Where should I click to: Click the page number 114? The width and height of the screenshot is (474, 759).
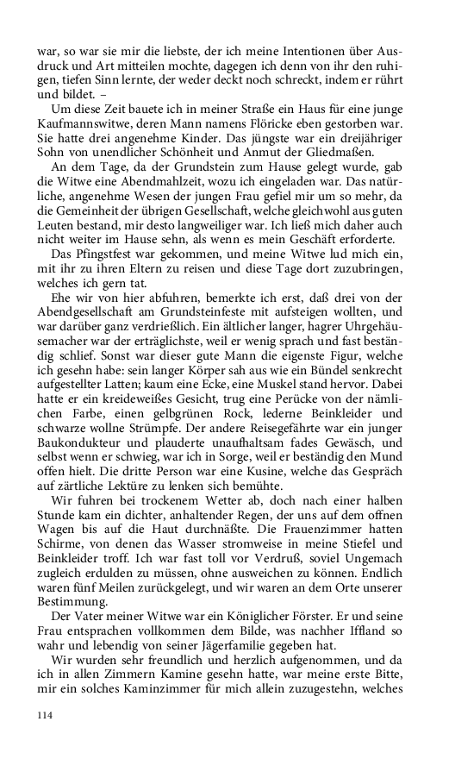[44, 715]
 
